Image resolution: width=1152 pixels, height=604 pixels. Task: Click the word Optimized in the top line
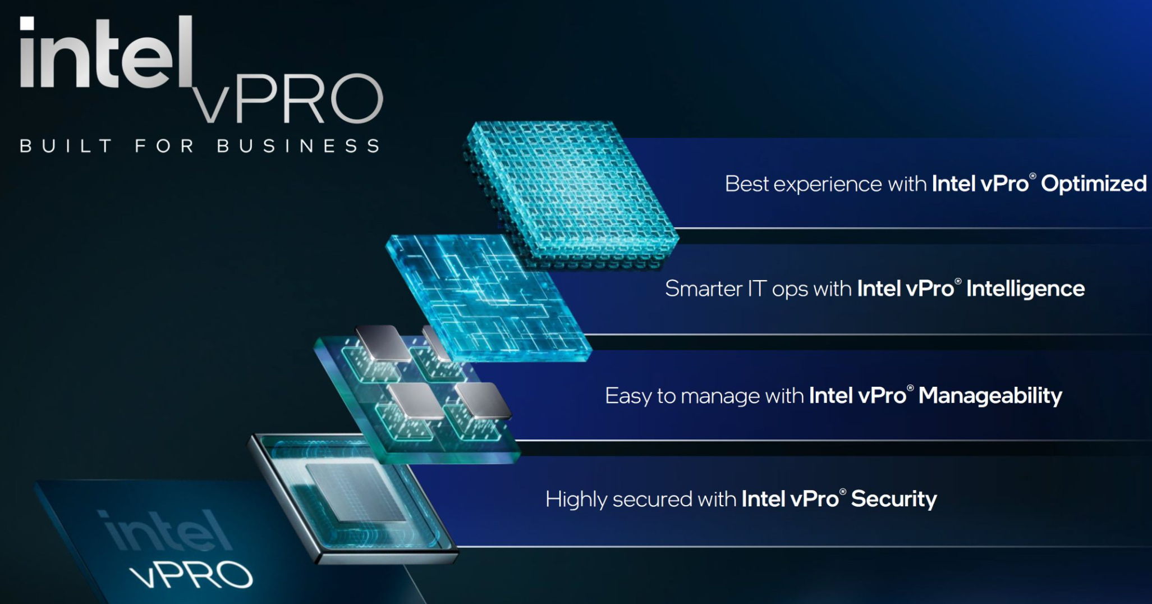pyautogui.click(x=1094, y=184)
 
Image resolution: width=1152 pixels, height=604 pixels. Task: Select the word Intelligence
pyautogui.click(x=1025, y=289)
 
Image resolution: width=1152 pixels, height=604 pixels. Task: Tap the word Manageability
pyautogui.click(x=990, y=396)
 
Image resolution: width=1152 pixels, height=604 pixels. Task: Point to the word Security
pyautogui.click(x=894, y=499)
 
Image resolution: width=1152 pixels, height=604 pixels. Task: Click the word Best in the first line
pyautogui.click(x=746, y=184)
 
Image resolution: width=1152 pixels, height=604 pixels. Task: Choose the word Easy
pyautogui.click(x=628, y=396)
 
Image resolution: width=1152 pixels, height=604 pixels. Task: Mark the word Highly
pyautogui.click(x=576, y=500)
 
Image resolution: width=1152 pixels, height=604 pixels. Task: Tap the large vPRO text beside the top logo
pyautogui.click(x=287, y=98)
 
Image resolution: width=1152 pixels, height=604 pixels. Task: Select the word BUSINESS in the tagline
pyautogui.click(x=299, y=146)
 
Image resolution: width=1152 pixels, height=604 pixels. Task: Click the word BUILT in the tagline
pyautogui.click(x=66, y=146)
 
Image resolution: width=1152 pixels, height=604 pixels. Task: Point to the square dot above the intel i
pyautogui.click(x=27, y=23)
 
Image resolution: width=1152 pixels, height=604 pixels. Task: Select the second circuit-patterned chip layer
pyautogui.click(x=488, y=298)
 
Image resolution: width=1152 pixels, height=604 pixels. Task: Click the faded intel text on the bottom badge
pyautogui.click(x=167, y=530)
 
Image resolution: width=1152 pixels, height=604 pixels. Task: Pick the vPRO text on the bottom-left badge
pyautogui.click(x=191, y=574)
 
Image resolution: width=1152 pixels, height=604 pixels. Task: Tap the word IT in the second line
pyautogui.click(x=757, y=289)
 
